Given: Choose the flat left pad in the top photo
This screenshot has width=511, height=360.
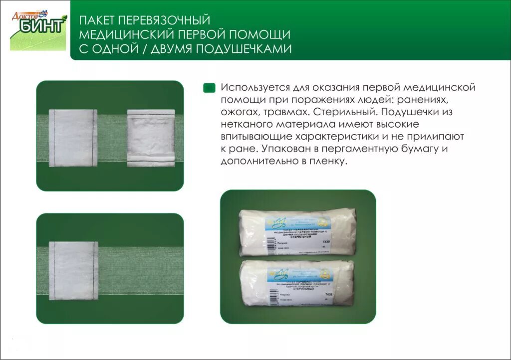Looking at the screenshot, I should point(72,136).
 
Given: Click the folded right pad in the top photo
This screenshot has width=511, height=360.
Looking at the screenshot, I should point(151,137).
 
